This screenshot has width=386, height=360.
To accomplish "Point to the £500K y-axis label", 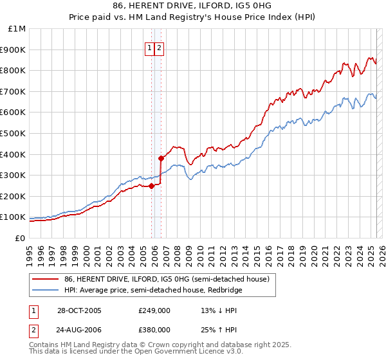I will point(14,133).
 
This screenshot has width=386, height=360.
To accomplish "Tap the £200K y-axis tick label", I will point(14,196).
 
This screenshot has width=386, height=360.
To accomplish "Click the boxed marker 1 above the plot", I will point(149,47).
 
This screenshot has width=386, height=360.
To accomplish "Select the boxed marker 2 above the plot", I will point(159,47).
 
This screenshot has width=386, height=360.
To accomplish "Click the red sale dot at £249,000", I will point(152,186).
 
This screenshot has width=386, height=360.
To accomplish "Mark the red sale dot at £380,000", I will point(161,157).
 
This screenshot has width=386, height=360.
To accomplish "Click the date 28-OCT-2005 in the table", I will point(78,310).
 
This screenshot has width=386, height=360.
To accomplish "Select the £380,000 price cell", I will point(154,330).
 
